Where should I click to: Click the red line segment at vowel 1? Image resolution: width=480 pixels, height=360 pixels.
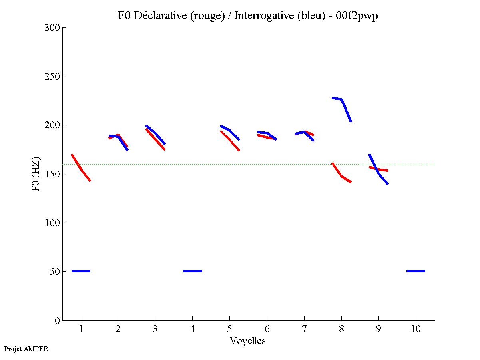(81, 169)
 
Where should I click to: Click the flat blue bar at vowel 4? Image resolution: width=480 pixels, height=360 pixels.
(193, 271)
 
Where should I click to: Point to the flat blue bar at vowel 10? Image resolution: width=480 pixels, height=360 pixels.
(416, 271)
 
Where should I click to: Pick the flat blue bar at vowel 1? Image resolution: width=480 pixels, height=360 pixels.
(81, 271)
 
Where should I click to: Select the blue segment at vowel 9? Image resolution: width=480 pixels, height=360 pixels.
(376, 168)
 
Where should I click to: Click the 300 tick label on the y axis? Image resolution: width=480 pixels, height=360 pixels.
(52, 28)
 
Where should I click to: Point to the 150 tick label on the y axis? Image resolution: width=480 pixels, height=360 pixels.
(52, 174)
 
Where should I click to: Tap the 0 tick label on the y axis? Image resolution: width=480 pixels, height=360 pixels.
(57, 321)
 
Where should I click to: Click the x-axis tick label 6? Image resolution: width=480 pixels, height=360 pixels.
(267, 330)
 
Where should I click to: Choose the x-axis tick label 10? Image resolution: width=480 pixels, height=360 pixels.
(416, 330)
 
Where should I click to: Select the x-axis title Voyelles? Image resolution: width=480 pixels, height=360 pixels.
(248, 341)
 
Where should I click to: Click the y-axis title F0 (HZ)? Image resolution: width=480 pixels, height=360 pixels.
(36, 174)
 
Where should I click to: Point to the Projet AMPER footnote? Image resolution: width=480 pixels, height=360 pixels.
(26, 349)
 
